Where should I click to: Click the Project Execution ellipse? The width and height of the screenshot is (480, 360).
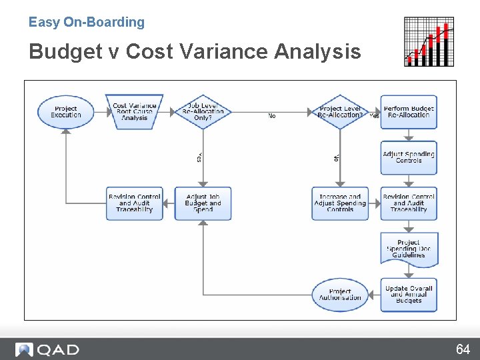click(65, 112)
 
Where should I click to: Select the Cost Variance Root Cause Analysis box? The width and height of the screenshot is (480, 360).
click(134, 112)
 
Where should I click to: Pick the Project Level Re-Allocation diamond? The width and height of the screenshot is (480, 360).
click(340, 112)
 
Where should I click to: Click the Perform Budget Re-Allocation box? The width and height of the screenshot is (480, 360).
click(409, 112)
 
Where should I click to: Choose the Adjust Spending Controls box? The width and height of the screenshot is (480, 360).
click(409, 157)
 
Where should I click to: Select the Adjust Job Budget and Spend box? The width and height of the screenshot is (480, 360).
click(203, 203)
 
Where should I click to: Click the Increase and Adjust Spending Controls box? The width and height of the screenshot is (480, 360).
click(340, 203)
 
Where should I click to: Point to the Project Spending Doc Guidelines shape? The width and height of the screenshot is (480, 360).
click(409, 249)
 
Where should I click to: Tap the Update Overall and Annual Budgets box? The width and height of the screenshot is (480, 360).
click(409, 295)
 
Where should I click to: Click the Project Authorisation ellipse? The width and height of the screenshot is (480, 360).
click(340, 295)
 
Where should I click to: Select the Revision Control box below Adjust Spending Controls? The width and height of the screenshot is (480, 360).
click(409, 203)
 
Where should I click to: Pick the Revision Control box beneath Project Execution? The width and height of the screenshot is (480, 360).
click(134, 203)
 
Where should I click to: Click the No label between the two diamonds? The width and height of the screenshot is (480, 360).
click(272, 116)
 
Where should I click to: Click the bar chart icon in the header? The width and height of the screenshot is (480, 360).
click(429, 42)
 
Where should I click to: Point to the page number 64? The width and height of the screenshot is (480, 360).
click(463, 349)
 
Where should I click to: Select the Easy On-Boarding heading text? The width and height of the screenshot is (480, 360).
click(87, 22)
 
